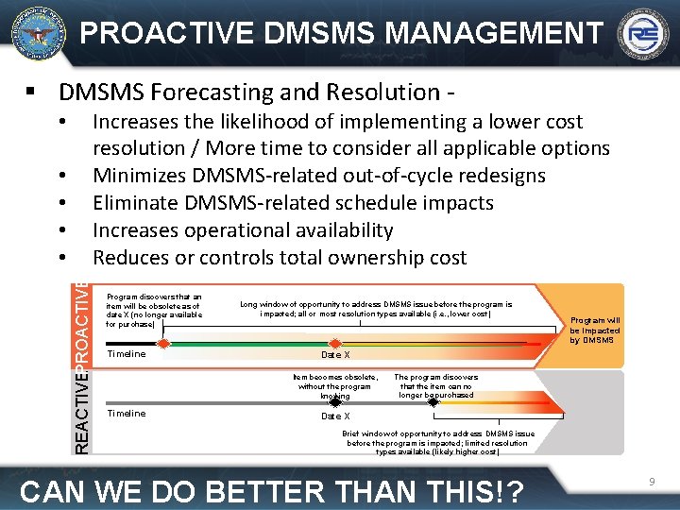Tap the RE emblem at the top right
tap(642, 35)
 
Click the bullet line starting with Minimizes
tap(318, 176)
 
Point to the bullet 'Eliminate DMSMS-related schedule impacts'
tap(293, 203)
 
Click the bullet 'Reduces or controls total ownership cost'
tap(279, 258)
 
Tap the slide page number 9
tap(652, 483)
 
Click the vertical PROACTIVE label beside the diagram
tap(83, 322)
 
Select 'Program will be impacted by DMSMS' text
tap(595, 330)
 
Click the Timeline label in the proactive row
tap(127, 354)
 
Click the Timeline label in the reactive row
tap(127, 414)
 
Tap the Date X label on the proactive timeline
tap(335, 355)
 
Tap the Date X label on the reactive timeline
tap(335, 416)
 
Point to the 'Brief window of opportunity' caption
tap(439, 443)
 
